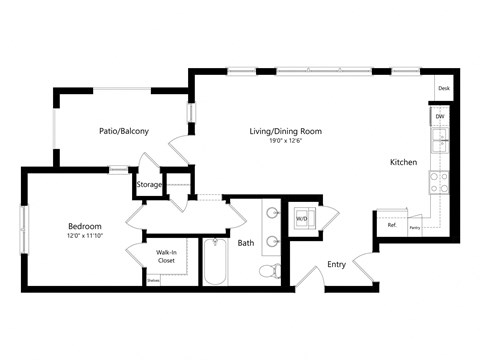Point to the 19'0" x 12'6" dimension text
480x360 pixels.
285,142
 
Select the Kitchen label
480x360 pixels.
403,161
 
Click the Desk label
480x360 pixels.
442,89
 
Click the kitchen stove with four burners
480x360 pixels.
438,181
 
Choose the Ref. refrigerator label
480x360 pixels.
392,225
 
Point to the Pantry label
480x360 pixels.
414,228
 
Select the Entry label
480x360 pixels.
337,265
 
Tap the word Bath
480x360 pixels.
246,243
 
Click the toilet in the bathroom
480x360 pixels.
267,271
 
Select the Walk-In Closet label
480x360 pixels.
166,257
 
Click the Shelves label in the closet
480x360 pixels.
153,281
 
